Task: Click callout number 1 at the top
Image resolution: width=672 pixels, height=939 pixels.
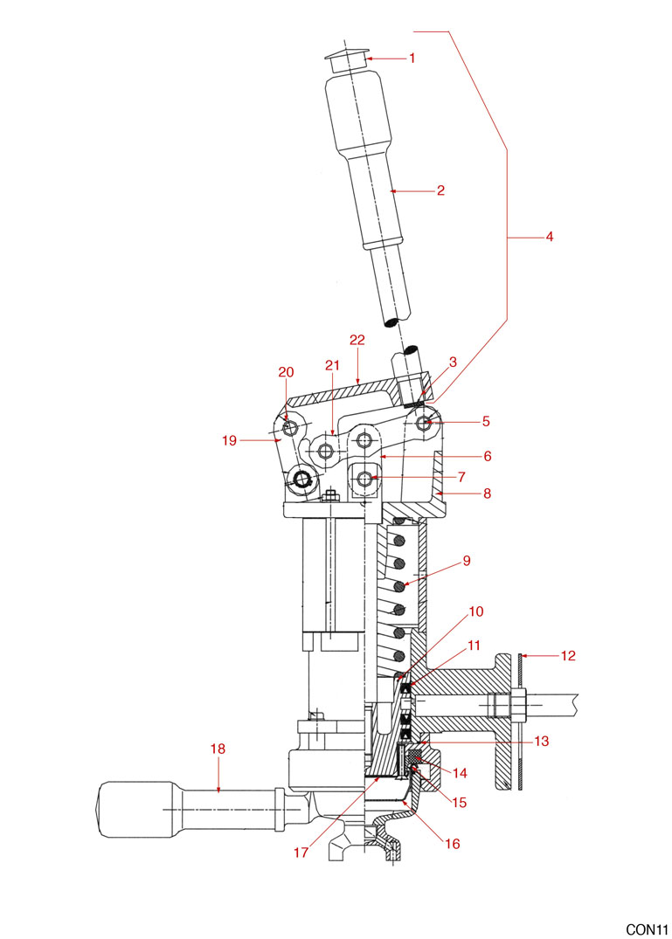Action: (x=412, y=59)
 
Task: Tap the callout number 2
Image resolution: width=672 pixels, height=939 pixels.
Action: (x=440, y=190)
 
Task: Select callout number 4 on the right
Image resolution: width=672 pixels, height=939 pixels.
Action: (x=550, y=237)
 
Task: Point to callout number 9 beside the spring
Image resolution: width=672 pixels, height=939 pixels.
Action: (x=467, y=561)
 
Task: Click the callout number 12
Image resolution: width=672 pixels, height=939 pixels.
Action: (x=567, y=654)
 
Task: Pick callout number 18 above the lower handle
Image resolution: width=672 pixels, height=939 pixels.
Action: (x=218, y=748)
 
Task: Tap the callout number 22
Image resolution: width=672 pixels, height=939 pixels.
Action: (x=356, y=340)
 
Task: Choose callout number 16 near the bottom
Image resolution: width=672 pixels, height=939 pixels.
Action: (x=453, y=844)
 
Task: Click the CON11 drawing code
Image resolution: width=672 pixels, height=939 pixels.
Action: (x=646, y=928)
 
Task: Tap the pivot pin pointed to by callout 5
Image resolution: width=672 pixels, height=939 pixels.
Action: (x=426, y=423)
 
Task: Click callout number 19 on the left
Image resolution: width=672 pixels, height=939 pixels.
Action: (x=230, y=441)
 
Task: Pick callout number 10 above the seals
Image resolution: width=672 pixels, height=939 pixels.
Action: (x=475, y=611)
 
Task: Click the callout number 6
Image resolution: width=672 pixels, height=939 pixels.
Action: (x=487, y=456)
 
